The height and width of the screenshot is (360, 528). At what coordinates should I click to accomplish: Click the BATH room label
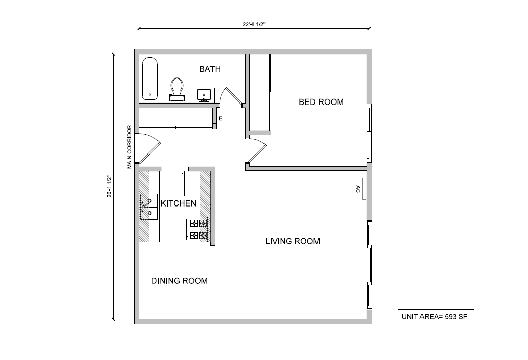pos(209,69)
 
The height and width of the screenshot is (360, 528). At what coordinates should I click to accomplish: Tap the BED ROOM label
pos(321,102)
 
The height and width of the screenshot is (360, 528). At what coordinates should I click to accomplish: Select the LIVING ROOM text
pos(292,241)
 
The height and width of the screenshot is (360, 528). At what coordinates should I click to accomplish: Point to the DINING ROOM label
pos(179,281)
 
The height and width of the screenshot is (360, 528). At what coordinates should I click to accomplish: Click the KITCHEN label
pos(178,203)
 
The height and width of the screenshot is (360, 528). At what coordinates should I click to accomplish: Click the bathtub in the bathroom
pos(150,79)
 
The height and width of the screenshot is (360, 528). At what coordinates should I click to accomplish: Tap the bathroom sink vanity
pos(204,95)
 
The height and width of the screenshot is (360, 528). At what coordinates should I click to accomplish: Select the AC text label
pos(358,189)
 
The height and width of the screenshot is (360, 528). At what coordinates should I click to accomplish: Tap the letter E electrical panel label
pos(221,119)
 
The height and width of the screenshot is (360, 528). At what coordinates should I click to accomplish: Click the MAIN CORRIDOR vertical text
pos(130,146)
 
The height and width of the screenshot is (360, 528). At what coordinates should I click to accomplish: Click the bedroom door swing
pos(256,151)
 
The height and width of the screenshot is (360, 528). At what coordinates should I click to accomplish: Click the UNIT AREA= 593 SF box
pos(436,317)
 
